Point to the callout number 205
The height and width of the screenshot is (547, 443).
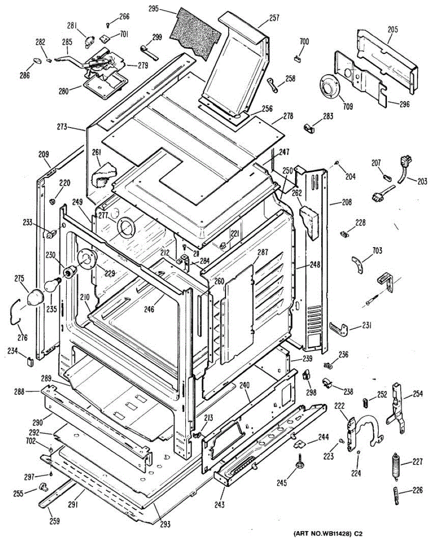(392, 29)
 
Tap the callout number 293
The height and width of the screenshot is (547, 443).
(165, 524)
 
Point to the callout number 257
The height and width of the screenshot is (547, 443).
(274, 18)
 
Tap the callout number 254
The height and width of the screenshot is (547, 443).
(418, 394)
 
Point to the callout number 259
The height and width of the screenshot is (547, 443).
(55, 521)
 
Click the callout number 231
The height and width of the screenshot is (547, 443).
(366, 325)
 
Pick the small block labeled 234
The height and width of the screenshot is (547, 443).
(31, 361)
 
